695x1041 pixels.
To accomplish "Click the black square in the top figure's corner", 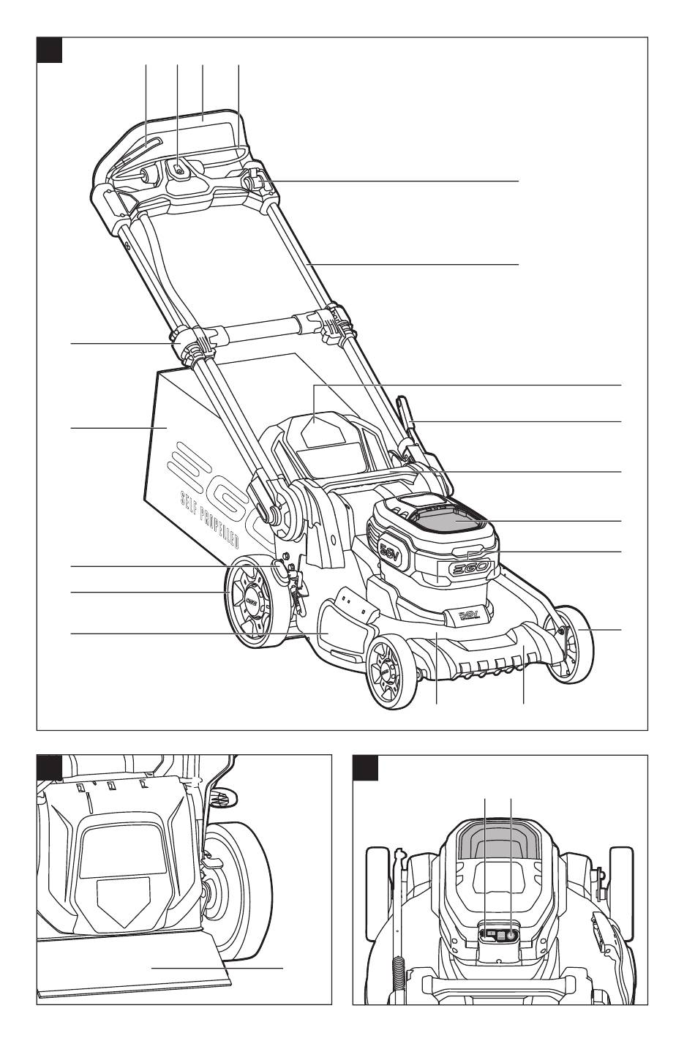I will (x=50, y=50).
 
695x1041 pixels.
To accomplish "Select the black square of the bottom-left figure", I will (x=50, y=768).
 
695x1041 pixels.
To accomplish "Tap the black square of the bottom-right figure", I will (x=366, y=768).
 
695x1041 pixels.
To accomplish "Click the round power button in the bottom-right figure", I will (x=509, y=934).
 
